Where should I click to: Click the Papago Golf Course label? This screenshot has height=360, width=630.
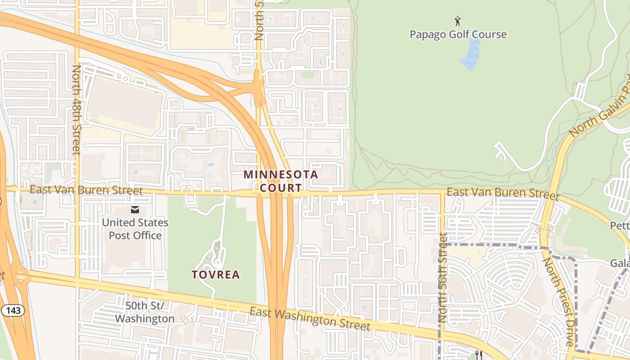(x=458, y=35)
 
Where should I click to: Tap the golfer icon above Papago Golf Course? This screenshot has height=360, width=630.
(x=458, y=21)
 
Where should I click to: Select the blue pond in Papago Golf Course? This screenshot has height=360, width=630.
(x=471, y=54)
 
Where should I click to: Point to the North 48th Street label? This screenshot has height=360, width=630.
(x=76, y=110)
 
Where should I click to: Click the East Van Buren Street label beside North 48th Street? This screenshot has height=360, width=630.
(x=86, y=190)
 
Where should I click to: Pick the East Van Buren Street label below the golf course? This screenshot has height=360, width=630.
(x=503, y=193)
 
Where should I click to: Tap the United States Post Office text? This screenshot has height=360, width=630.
(x=135, y=229)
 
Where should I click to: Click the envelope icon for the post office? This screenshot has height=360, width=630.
(x=135, y=210)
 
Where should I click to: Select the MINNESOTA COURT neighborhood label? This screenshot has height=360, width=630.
(x=281, y=181)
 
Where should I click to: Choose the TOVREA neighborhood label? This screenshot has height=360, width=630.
(x=216, y=274)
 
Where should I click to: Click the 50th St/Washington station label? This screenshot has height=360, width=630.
(x=144, y=312)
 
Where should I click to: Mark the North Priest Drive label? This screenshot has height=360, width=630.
(x=558, y=301)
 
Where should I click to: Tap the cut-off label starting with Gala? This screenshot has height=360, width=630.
(x=620, y=263)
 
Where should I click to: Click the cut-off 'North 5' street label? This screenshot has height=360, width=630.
(x=259, y=20)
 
